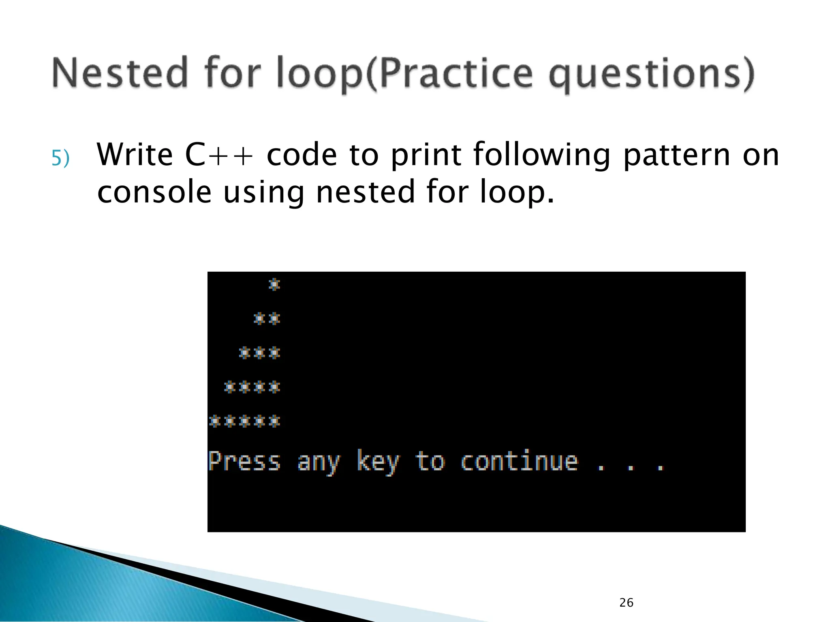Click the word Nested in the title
[x=120, y=73]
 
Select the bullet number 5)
[x=60, y=158]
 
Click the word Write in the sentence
[x=135, y=155]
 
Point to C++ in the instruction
[x=219, y=155]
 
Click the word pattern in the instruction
[x=676, y=155]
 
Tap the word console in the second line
[x=154, y=192]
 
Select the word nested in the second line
[x=366, y=192]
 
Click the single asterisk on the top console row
[x=274, y=285]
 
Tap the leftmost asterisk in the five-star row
[x=214, y=421]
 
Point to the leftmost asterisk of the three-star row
[x=244, y=353]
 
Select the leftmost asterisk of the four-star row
[x=229, y=387]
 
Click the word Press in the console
[x=244, y=462]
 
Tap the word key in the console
[x=378, y=462]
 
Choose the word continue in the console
[x=519, y=462]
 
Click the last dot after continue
[x=660, y=469]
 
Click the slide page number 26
[x=626, y=603]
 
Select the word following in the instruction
[x=541, y=155]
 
